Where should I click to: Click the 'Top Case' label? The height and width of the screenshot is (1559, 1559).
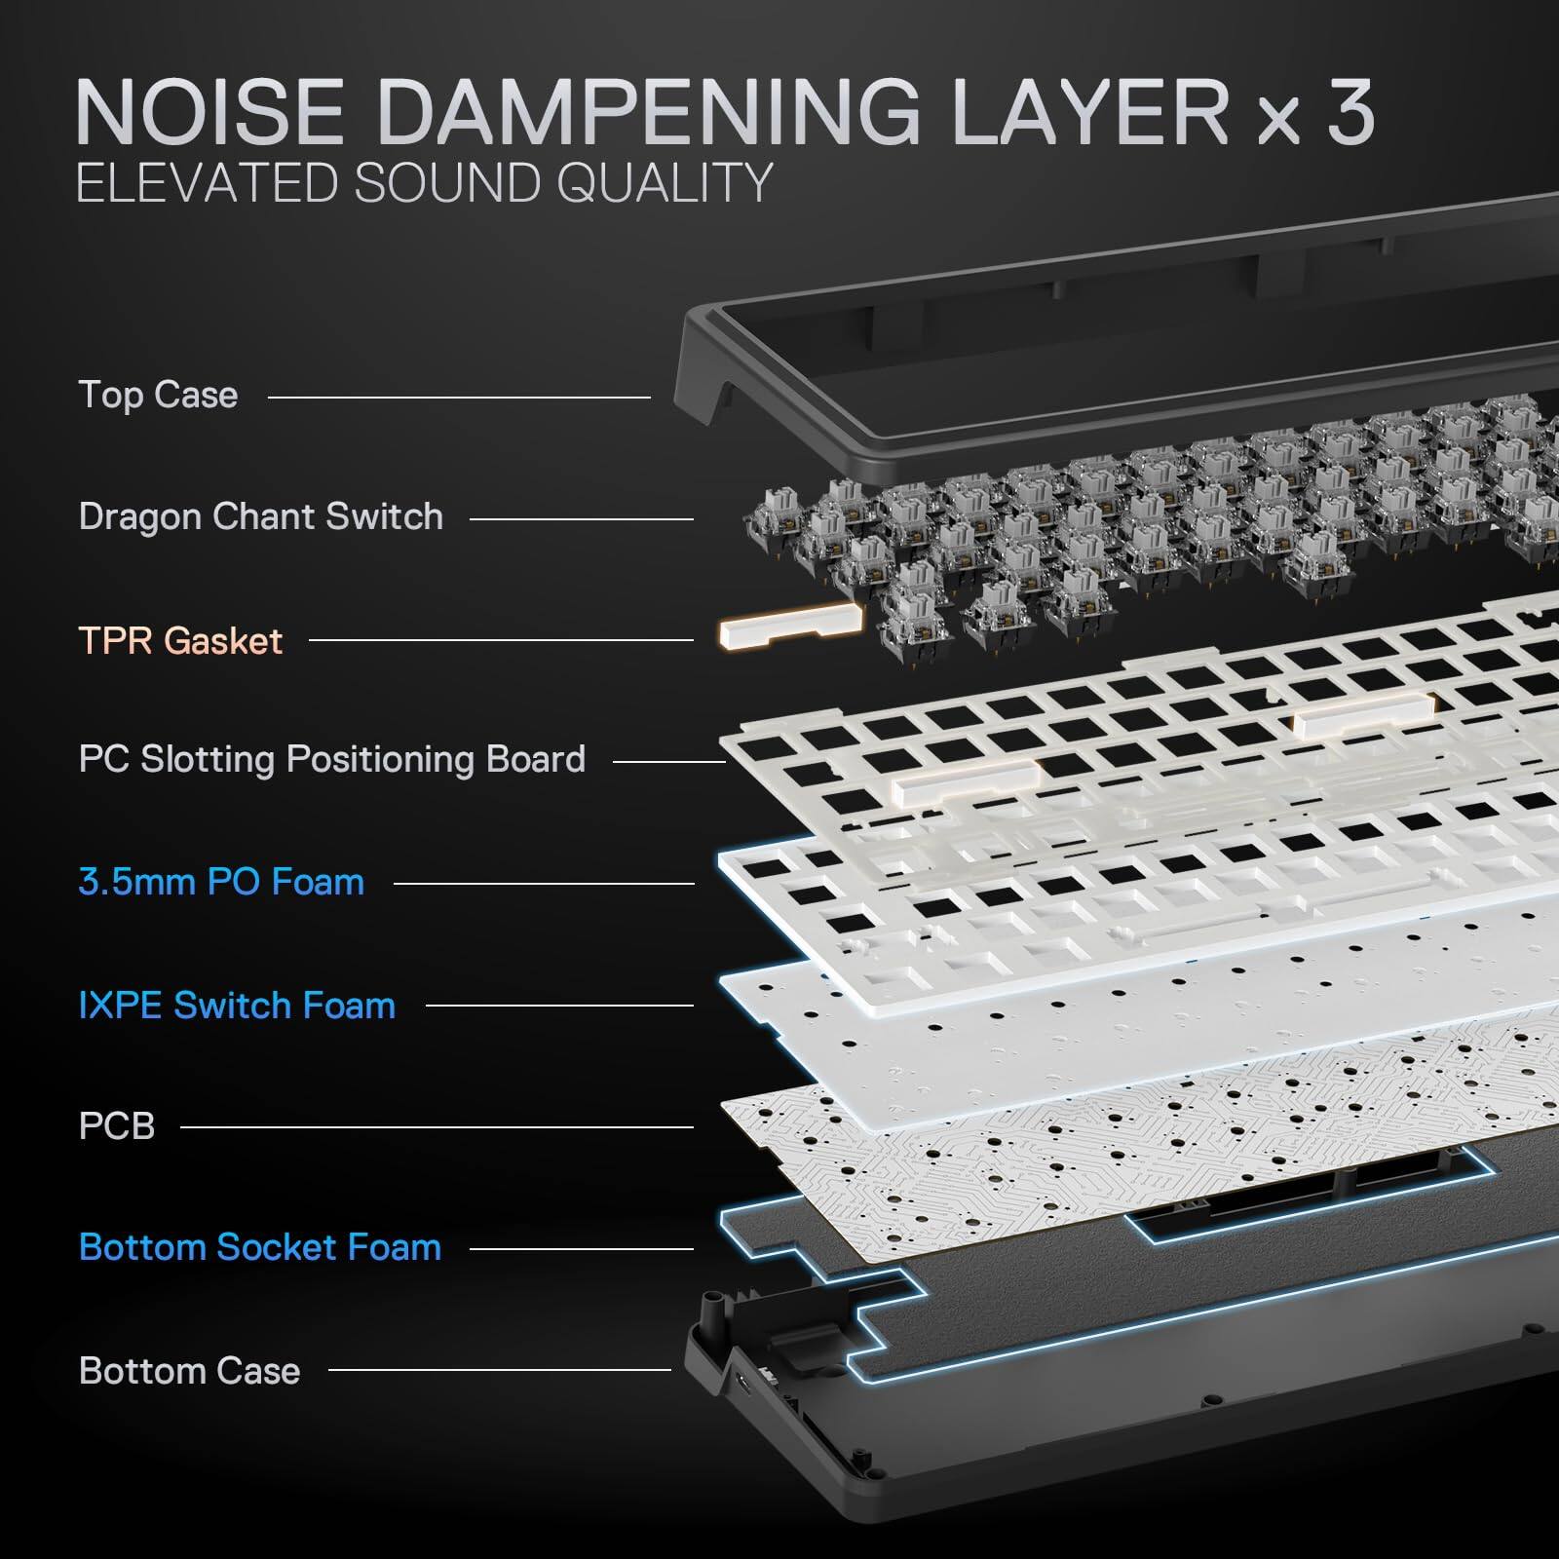tap(158, 396)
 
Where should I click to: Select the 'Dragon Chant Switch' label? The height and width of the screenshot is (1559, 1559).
tap(260, 517)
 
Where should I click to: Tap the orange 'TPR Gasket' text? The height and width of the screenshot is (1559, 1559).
tap(180, 641)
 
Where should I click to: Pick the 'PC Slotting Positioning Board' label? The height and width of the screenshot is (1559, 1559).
tap(331, 760)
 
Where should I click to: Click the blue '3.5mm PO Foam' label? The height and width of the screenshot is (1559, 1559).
tap(221, 883)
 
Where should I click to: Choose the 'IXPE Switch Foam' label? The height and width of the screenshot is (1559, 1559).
tap(237, 1006)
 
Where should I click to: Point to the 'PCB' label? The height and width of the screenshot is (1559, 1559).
tap(116, 1126)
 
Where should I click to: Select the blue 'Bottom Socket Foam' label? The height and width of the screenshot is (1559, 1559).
tap(259, 1248)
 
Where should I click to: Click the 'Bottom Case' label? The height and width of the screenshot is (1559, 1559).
tap(189, 1371)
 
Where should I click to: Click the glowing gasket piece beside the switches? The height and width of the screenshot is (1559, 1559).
tap(790, 626)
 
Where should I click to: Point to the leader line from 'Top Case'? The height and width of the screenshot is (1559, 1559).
tap(458, 397)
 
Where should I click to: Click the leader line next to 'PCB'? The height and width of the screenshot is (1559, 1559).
tap(437, 1127)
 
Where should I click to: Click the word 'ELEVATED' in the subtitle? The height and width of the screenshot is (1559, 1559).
tap(207, 182)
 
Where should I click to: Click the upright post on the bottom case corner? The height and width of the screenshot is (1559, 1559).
tap(717, 1311)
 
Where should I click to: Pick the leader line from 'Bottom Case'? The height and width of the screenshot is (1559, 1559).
tap(499, 1370)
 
